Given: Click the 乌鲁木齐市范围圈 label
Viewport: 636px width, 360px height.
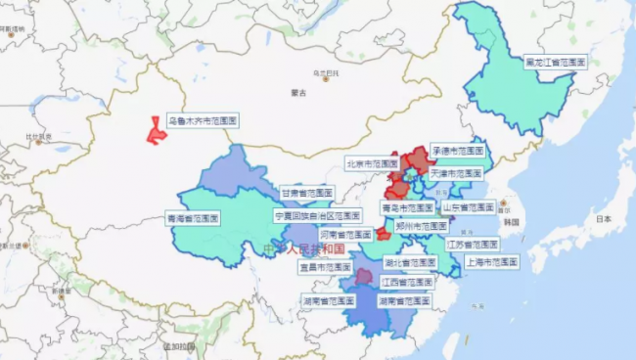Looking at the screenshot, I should [x=203, y=120].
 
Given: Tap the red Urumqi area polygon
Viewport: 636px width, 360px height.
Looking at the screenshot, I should [x=156, y=131].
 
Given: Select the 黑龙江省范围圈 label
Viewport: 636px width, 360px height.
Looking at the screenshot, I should [x=555, y=61].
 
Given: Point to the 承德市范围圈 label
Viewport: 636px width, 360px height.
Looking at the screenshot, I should [x=459, y=151].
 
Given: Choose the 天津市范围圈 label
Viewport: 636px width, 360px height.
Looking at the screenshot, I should [x=457, y=172].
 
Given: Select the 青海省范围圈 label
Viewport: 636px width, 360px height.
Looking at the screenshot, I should [x=193, y=217].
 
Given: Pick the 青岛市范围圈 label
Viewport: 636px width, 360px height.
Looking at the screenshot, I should [x=407, y=207].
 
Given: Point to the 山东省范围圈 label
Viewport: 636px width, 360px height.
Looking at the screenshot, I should [x=469, y=207].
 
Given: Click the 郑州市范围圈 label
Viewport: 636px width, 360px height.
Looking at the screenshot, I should [x=422, y=225].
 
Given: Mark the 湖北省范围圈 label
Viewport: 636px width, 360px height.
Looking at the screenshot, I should [x=410, y=262].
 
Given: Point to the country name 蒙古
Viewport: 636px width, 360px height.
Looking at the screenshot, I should [x=298, y=93].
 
